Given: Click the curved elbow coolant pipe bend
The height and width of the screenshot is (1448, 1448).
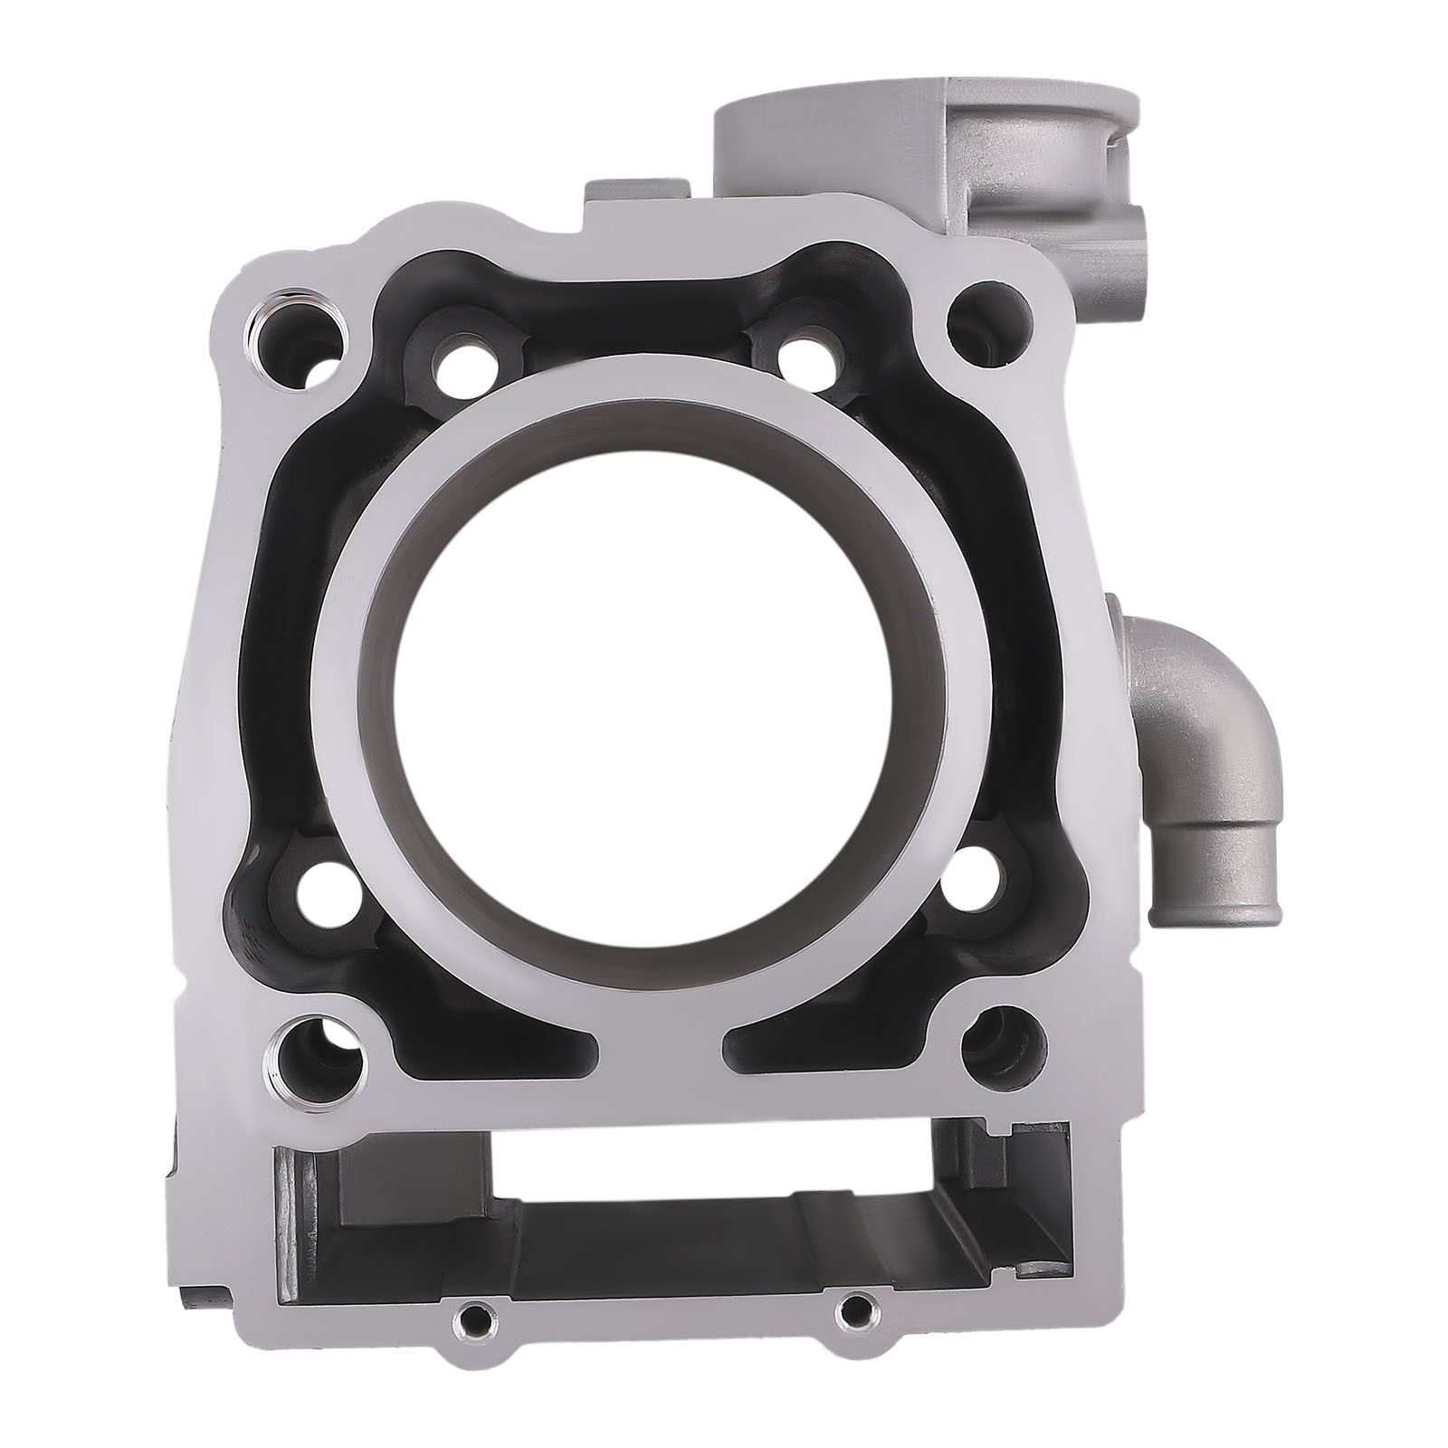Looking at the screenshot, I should [x=1204, y=697].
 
